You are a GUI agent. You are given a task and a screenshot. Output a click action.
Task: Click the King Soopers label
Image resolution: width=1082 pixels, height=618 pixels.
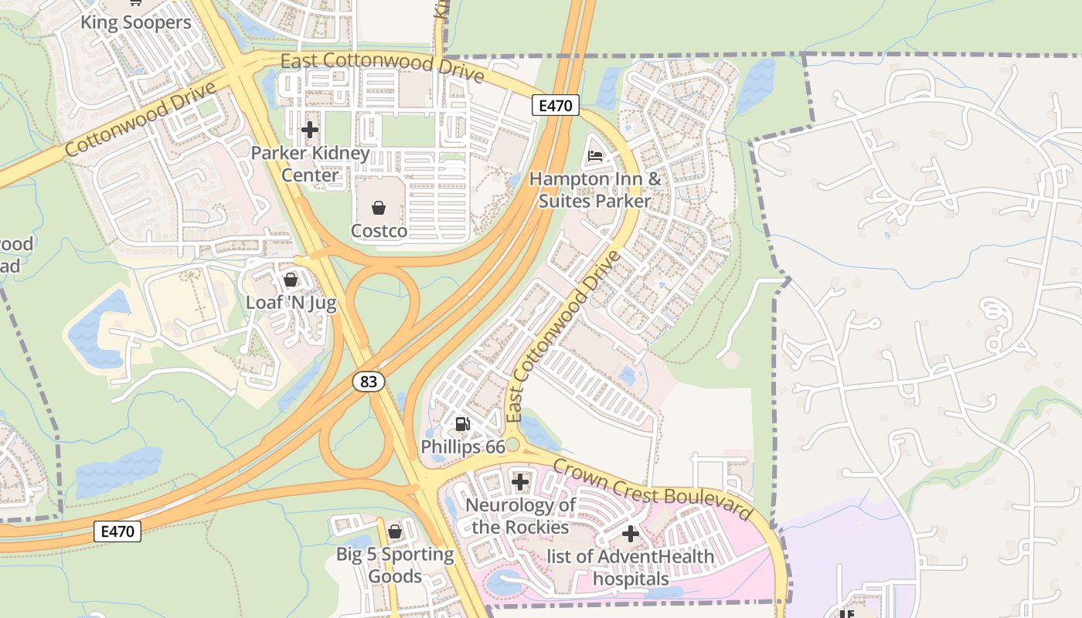(x=135, y=22)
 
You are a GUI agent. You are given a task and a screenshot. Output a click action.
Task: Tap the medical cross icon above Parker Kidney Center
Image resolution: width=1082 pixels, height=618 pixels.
(x=310, y=129)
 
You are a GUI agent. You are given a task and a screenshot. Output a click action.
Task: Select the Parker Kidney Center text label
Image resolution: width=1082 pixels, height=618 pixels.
(x=310, y=164)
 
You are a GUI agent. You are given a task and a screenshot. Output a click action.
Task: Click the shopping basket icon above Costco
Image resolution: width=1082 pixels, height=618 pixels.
(x=379, y=207)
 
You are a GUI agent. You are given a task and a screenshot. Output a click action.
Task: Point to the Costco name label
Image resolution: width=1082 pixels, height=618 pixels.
(x=379, y=231)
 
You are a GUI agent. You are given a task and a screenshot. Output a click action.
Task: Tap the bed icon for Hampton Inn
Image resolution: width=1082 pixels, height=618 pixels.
(x=594, y=156)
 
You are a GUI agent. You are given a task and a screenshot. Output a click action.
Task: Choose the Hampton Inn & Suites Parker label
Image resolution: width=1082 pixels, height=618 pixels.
(x=594, y=190)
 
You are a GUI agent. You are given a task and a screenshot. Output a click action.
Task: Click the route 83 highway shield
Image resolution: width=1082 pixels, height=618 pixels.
(x=369, y=381)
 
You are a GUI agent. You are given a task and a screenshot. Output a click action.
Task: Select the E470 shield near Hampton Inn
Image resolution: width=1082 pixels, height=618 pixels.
(x=556, y=106)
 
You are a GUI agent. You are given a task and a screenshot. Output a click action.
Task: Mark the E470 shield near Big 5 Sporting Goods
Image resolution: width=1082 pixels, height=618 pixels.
(x=117, y=531)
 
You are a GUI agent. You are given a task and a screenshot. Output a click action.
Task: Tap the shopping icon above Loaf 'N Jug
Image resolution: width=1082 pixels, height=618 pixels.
(x=291, y=279)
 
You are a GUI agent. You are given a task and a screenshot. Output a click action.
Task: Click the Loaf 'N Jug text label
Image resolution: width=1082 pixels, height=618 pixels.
(x=291, y=303)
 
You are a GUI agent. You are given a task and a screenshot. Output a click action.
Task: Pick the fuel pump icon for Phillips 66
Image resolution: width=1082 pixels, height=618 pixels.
(x=462, y=423)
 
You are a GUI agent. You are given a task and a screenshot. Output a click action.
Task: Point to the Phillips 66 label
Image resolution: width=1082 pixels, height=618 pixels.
(x=462, y=447)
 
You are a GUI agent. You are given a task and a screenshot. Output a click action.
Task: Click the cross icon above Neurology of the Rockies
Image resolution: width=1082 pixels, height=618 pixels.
(x=520, y=483)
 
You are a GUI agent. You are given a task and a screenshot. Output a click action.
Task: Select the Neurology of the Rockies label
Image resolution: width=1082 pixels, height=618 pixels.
(x=520, y=516)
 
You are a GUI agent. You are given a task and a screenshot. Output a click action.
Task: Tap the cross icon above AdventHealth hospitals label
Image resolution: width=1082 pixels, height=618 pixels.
(x=630, y=533)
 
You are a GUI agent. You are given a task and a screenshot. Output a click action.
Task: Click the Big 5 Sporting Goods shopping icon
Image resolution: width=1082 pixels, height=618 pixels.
(x=395, y=531)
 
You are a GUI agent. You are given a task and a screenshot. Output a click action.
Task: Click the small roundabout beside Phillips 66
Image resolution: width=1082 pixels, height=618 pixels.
(x=512, y=445)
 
